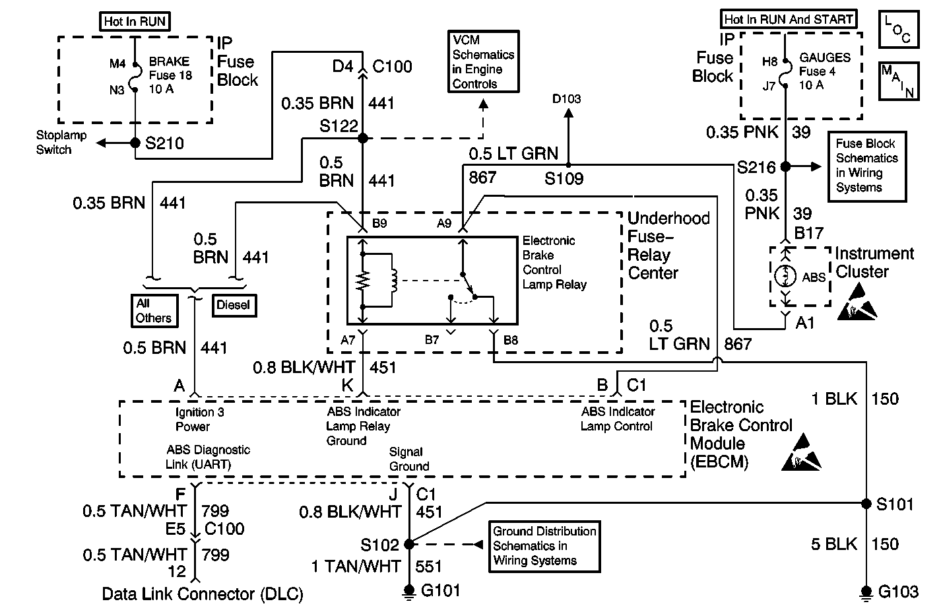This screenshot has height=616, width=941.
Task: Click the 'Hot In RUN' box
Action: pos(135,22)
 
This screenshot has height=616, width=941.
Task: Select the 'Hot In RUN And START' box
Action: pos(788,19)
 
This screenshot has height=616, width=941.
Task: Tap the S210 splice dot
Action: pos(135,143)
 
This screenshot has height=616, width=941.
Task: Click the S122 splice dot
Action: pos(362,138)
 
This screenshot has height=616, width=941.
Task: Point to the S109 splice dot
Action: pos(568,164)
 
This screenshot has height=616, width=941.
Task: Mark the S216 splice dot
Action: pos(785,166)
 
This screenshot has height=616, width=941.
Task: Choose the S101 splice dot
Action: pos(866,504)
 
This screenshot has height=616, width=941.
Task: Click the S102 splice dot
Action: pos(408,545)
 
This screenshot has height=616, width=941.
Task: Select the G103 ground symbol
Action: pos(866,592)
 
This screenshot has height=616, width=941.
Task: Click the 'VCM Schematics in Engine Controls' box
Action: pos(482,61)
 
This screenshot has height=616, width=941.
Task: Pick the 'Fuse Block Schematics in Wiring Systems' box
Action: pos(866,166)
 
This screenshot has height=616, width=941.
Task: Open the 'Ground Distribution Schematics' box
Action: pos(544,546)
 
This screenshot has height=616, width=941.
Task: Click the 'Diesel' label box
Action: pos(234,306)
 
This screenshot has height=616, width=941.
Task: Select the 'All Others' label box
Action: pos(154,311)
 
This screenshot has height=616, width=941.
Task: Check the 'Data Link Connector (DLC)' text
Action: pos(203,594)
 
